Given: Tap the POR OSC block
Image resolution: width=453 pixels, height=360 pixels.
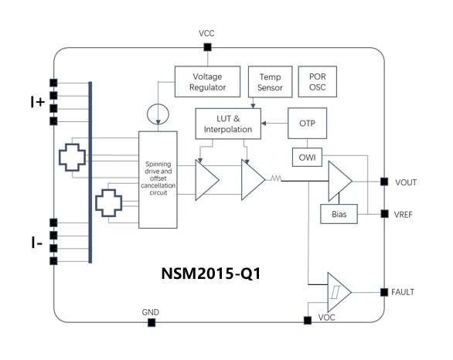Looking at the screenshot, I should pos(317,83).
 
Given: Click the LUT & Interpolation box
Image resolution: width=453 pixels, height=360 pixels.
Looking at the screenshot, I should pos(228,124).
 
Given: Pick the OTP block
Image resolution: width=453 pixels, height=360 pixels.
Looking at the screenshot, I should pos(307,124).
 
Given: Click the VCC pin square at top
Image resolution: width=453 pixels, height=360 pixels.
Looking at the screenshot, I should pos(207,48).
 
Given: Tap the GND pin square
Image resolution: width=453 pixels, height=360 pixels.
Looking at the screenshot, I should pos(152,321).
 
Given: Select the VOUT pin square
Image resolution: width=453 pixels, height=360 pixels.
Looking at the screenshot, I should pos(383,182).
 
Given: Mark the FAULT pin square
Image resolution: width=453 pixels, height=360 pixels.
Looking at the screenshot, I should pos(383,292).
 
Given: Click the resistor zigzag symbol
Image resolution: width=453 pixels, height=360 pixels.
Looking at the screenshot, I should pos(274,180).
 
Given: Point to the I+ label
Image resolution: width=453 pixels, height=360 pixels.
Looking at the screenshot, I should pos(36,101).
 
